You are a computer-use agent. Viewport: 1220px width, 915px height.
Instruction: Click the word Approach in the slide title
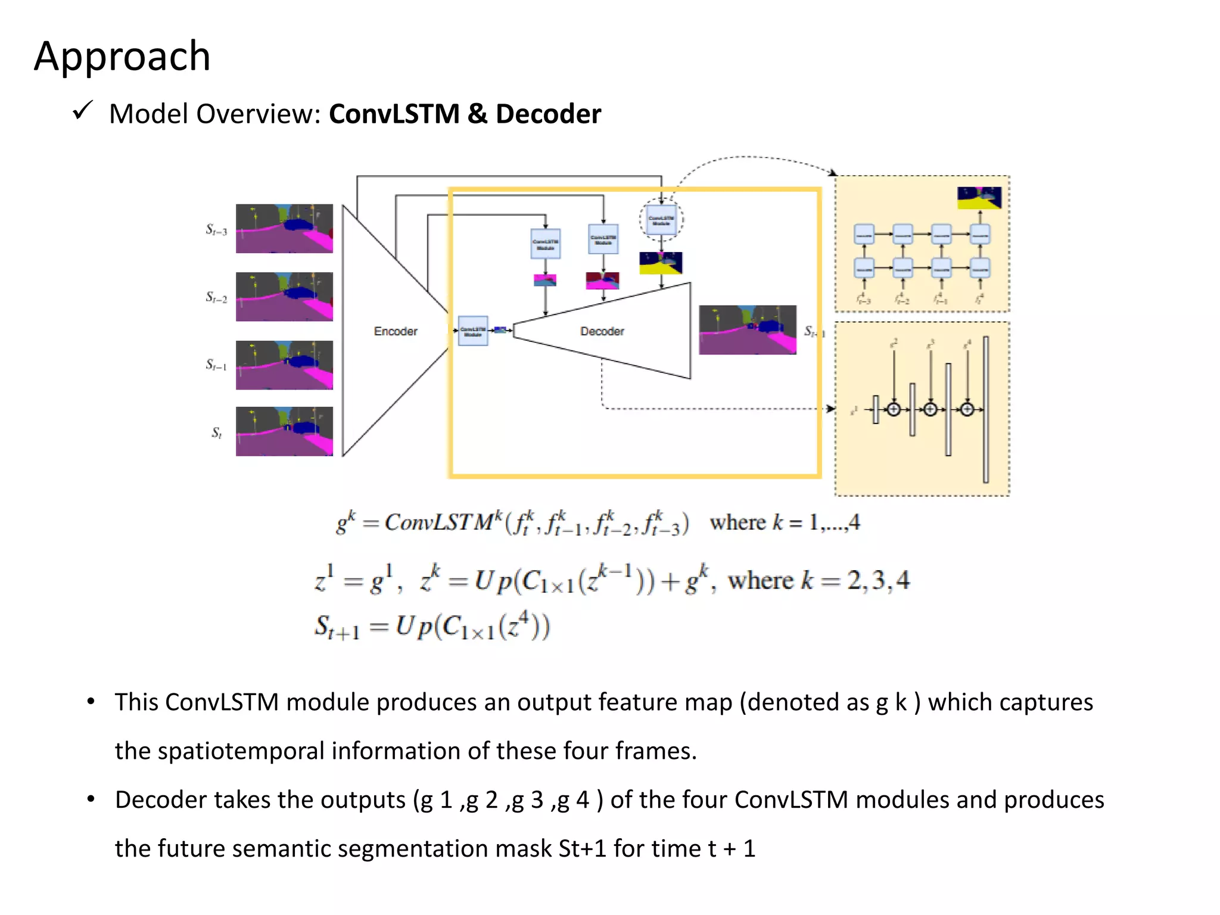[122, 57]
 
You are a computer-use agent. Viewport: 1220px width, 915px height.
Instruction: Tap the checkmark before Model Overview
[82, 111]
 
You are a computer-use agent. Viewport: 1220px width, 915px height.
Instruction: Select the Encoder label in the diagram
[396, 331]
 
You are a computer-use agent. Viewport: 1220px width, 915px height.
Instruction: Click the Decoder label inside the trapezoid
[602, 331]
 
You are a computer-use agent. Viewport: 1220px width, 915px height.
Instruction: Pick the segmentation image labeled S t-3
[284, 229]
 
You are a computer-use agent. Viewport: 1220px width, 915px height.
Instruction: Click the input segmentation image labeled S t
[284, 431]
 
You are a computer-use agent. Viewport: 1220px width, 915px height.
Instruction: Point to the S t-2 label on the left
[216, 297]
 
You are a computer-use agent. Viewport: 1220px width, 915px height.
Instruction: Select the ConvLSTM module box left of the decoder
[473, 331]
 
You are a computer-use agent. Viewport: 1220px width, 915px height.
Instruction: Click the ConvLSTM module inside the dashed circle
[661, 220]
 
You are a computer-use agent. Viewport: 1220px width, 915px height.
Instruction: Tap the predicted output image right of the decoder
[747, 330]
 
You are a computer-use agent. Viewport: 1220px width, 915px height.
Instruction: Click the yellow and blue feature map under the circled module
[661, 263]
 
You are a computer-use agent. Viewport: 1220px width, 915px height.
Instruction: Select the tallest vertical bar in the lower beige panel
[986, 410]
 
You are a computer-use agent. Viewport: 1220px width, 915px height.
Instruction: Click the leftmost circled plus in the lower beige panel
[894, 409]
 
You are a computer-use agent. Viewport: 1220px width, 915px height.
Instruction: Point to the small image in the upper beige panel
[979, 198]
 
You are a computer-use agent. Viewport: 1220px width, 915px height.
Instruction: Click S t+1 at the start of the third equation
[337, 628]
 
